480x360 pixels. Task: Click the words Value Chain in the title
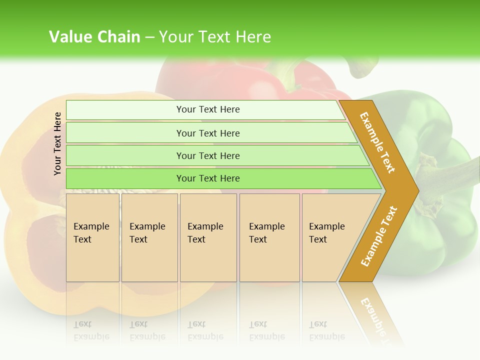[94, 37]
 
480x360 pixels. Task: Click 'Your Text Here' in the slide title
[215, 37]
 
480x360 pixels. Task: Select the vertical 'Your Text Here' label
[57, 143]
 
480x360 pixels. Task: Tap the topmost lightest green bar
[207, 109]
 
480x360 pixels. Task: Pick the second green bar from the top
[207, 133]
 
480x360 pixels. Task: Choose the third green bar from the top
[207, 155]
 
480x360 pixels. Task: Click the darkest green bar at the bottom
[207, 178]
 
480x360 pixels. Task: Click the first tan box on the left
[92, 237]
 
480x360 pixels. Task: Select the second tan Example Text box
[149, 237]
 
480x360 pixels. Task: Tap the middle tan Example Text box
[208, 237]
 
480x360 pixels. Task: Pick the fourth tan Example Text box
[269, 237]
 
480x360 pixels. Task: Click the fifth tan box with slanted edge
[330, 237]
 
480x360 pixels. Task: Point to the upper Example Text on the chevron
[377, 142]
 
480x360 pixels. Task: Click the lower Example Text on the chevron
[379, 236]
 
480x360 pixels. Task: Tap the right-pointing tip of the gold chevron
[415, 190]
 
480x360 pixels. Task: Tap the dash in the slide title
[149, 37]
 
